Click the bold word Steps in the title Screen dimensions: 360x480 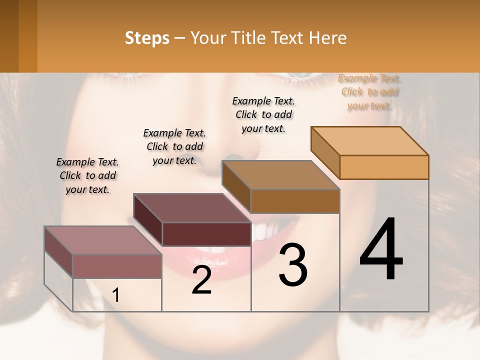coord(147,38)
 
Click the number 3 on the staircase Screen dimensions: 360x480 coord(293,265)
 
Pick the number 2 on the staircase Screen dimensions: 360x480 coord(201,280)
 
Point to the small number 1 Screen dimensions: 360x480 coord(116,295)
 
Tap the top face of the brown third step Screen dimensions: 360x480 coord(280,175)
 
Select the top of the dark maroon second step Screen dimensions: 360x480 coord(191,208)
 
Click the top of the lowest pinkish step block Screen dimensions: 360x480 coord(103,240)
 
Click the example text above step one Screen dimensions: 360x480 coord(87,175)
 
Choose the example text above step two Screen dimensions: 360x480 coord(174,146)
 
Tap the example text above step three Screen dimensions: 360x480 coord(263,114)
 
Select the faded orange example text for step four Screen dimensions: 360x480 coord(369,92)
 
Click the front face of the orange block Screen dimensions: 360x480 coord(384,167)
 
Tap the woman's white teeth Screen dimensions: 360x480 coord(265,231)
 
